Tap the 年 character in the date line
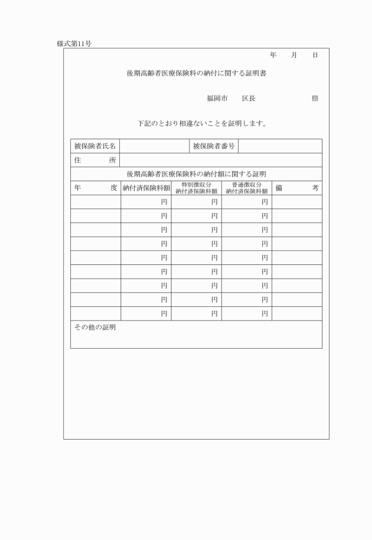[273, 55]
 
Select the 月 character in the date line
[293, 55]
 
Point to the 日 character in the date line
[315, 55]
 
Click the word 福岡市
[217, 98]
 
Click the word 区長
[249, 98]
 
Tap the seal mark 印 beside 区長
[315, 98]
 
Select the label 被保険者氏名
[95, 146]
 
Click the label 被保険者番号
[214, 146]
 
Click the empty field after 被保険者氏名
[154, 146]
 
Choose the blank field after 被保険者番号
[280, 146]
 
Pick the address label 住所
[95, 160]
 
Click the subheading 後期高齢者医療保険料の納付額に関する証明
[196, 174]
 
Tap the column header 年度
[96, 188]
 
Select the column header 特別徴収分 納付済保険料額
[197, 188]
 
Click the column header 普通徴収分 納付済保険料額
[247, 188]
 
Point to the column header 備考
[297, 188]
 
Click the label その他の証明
[95, 327]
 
